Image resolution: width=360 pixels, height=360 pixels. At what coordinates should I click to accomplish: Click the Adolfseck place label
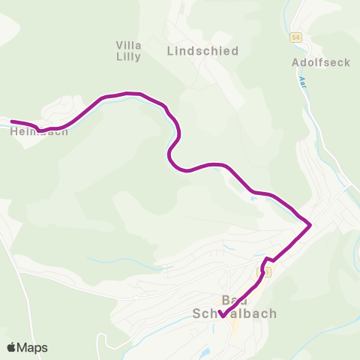point(320,62)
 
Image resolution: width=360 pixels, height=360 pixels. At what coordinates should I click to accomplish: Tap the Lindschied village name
point(202,51)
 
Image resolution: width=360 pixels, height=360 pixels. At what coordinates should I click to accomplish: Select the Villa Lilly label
point(129,50)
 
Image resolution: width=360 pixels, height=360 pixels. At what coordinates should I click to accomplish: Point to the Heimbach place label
point(39,131)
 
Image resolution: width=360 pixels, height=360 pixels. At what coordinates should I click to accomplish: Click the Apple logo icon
point(11,347)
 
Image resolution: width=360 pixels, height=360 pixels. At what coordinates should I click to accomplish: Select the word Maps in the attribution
point(32,347)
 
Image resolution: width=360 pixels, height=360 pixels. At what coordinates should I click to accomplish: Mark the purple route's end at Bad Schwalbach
point(221,315)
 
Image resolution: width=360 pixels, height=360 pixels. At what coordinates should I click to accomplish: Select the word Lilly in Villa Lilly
point(129,56)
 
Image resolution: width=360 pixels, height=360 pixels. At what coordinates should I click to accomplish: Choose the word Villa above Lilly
point(129,44)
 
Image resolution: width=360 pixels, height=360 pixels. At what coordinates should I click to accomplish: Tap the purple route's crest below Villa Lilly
point(131,93)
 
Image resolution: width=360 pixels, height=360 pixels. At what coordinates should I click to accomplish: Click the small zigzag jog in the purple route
point(268,259)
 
